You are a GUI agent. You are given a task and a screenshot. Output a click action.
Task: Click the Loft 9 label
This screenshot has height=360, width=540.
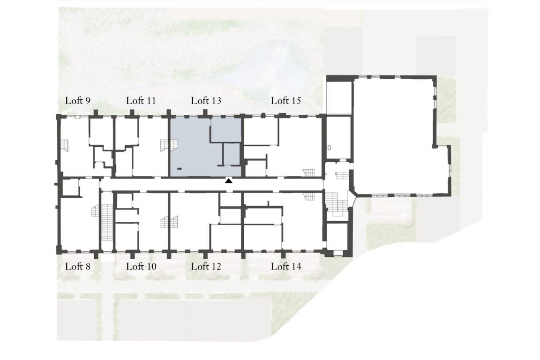[78, 101]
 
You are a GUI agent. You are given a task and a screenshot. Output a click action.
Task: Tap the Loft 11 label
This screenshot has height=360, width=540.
[141, 101]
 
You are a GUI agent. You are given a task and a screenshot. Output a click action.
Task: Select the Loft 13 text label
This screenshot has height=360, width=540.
[206, 101]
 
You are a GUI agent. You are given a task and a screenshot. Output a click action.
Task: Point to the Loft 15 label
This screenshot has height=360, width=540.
[286, 101]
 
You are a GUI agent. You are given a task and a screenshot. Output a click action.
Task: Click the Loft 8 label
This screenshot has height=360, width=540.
[78, 266]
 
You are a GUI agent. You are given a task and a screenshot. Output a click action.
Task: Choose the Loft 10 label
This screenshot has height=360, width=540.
[141, 266]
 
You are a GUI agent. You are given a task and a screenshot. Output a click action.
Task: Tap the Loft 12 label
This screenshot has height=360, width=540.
[206, 266]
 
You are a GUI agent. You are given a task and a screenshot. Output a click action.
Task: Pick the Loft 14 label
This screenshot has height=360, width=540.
[286, 266]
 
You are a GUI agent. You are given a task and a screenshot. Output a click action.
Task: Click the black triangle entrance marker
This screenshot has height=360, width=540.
[229, 180]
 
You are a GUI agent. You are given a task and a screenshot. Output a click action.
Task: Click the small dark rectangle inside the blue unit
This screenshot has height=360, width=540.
[180, 169]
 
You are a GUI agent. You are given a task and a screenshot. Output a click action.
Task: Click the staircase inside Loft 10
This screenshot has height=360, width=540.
[170, 222]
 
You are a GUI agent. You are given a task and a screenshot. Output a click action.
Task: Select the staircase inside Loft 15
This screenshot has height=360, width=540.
[309, 172]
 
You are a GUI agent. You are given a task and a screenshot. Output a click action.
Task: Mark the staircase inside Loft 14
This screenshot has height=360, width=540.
[309, 196]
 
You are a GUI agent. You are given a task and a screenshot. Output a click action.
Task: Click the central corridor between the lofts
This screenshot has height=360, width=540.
[212, 184]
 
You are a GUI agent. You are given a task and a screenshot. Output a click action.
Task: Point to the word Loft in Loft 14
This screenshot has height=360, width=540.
[280, 266]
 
